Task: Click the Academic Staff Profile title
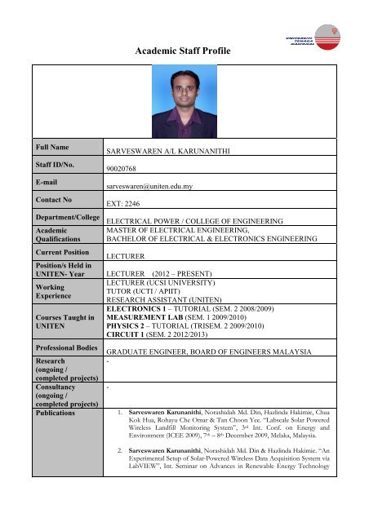(184, 51)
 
